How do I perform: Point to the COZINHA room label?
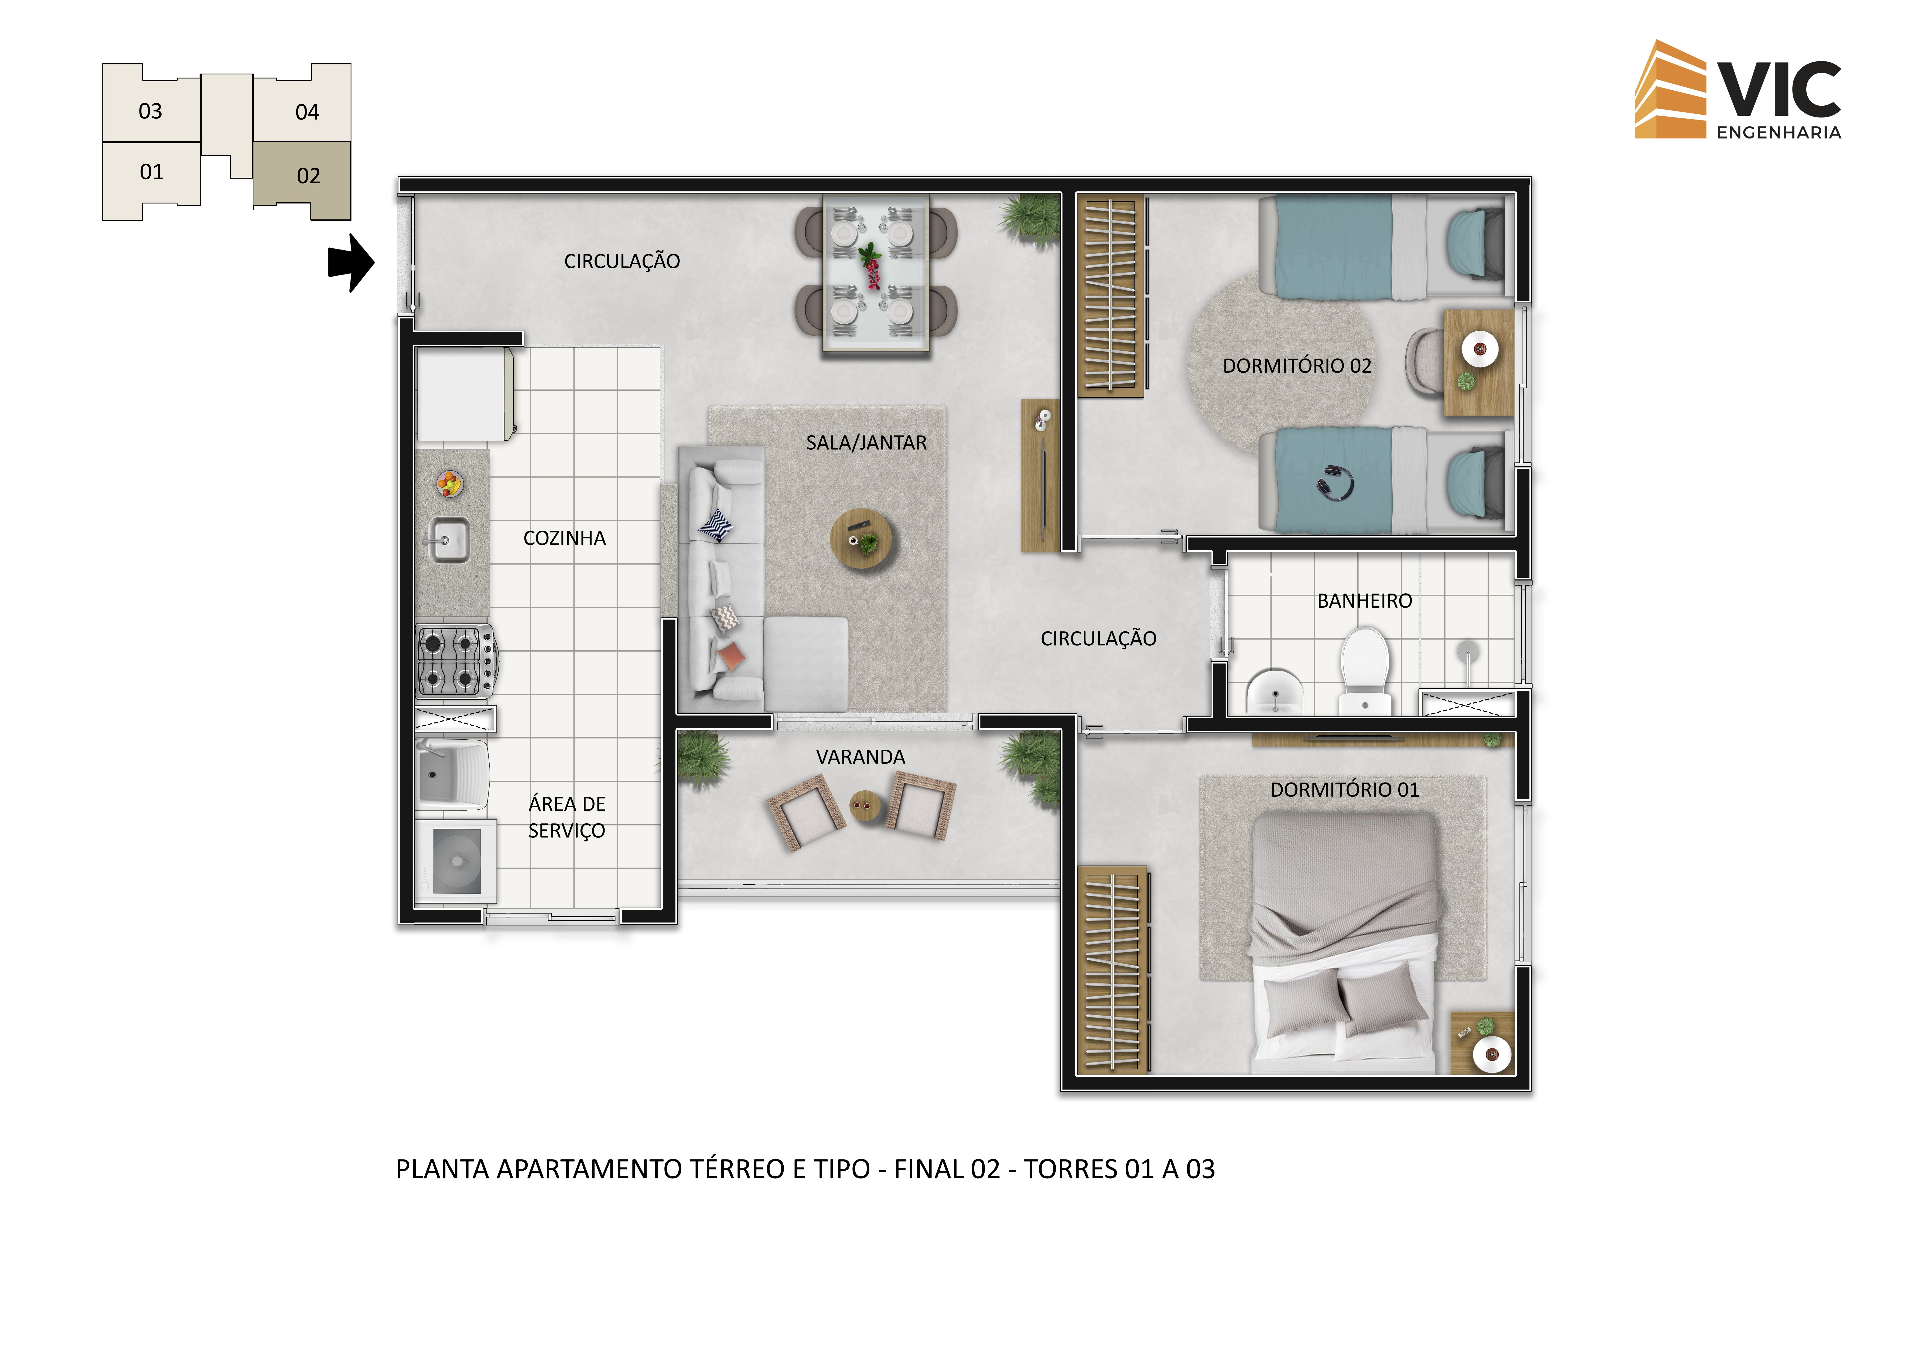click(565, 538)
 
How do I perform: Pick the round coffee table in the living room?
click(861, 538)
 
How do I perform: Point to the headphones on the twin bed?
click(1336, 482)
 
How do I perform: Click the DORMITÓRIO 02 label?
click(1297, 366)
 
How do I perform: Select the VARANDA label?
click(860, 757)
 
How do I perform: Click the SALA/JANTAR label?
click(866, 442)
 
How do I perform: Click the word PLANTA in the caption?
click(442, 1170)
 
